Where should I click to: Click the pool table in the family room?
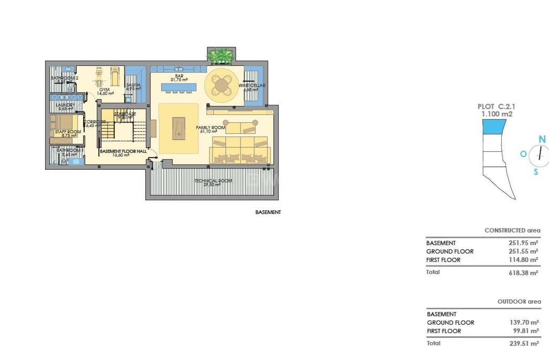click(x=179, y=128)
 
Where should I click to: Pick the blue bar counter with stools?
click(x=179, y=87)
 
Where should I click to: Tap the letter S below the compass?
click(x=536, y=171)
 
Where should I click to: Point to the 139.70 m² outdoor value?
click(x=524, y=322)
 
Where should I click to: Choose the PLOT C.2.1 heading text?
click(x=496, y=107)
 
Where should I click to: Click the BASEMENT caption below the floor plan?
click(x=268, y=212)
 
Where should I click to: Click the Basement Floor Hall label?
click(x=123, y=151)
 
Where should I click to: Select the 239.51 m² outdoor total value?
click(x=524, y=344)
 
